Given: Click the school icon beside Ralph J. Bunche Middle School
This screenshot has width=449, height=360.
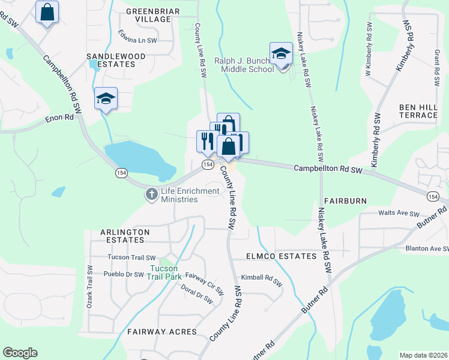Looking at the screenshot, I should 281,54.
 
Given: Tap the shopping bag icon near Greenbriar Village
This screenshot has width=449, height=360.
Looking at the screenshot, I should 47,11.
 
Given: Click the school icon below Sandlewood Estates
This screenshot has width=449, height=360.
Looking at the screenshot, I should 106,99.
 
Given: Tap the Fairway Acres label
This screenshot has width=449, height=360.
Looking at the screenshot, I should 162,331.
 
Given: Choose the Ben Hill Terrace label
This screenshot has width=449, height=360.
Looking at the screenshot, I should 418,110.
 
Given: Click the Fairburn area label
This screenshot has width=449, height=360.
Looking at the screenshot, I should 345,201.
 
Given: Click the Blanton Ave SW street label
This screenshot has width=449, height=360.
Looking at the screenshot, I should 426,248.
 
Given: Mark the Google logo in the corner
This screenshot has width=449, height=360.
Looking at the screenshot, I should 20,353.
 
